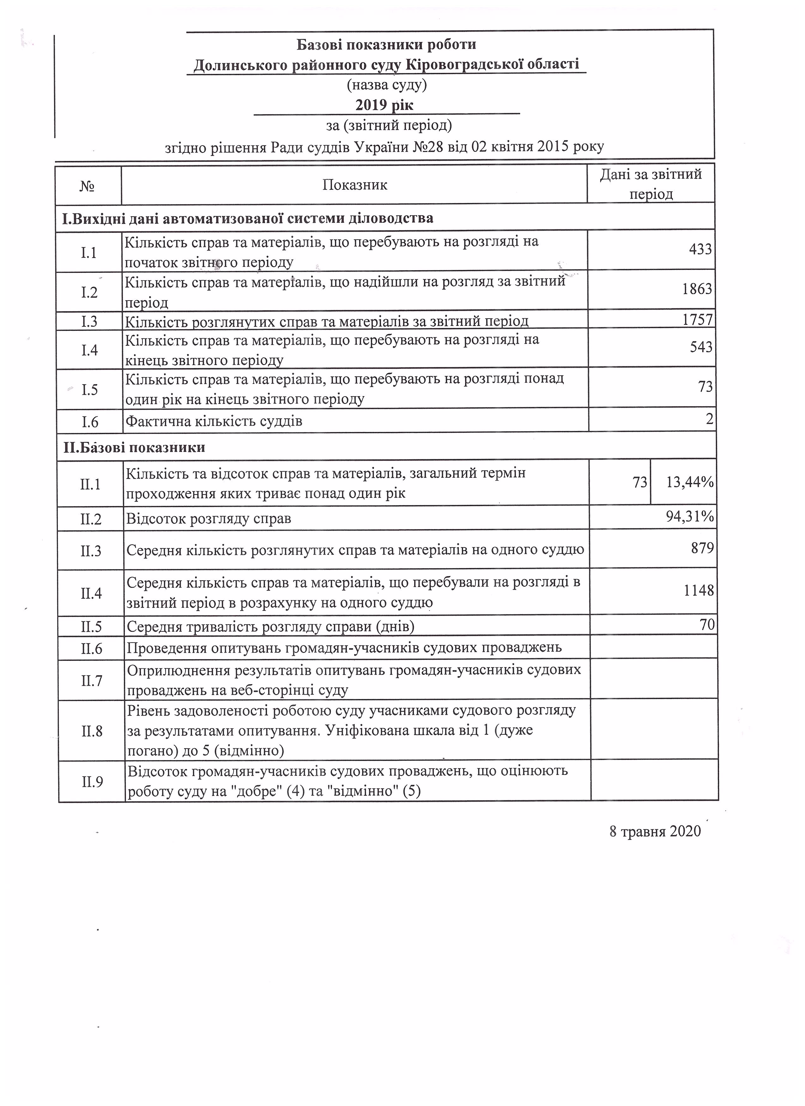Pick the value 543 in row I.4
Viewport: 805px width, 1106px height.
[x=701, y=347]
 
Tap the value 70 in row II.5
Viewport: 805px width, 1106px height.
[x=707, y=625]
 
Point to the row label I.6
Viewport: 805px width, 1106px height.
[x=90, y=421]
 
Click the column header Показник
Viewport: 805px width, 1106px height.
[x=355, y=185]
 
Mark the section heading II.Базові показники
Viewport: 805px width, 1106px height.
[x=134, y=447]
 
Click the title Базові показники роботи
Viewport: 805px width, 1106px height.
[x=386, y=45]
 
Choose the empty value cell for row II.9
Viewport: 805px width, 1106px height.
[x=654, y=781]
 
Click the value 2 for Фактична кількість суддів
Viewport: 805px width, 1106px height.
[x=709, y=419]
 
